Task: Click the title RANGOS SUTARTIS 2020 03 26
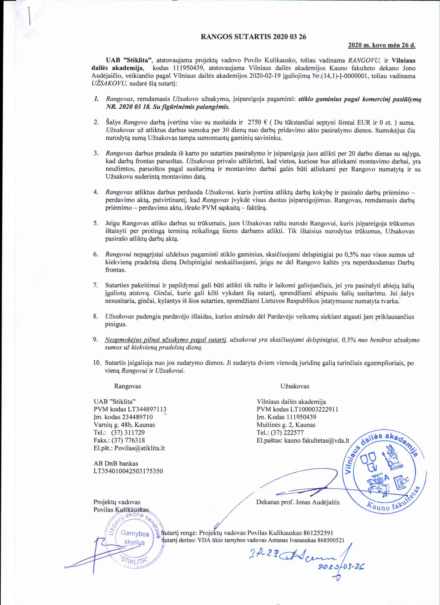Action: pyautogui.click(x=253, y=37)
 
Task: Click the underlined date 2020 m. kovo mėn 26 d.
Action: pyautogui.click(x=382, y=45)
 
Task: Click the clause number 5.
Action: pyautogui.click(x=96, y=223)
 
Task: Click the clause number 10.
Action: pyautogui.click(x=97, y=363)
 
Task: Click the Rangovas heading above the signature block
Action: pyautogui.click(x=128, y=386)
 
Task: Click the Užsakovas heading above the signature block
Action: pyautogui.click(x=295, y=386)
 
